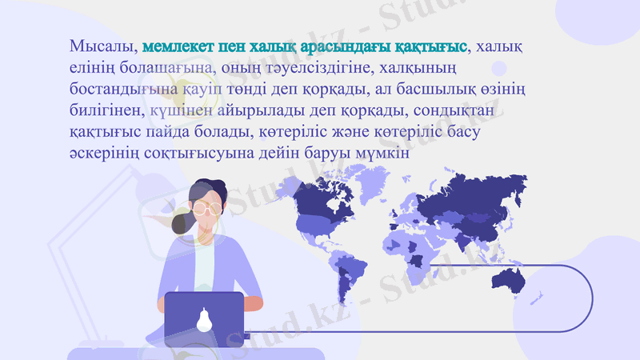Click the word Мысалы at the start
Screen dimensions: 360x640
tap(102, 45)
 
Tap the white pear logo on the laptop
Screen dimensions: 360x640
tap(204, 318)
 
